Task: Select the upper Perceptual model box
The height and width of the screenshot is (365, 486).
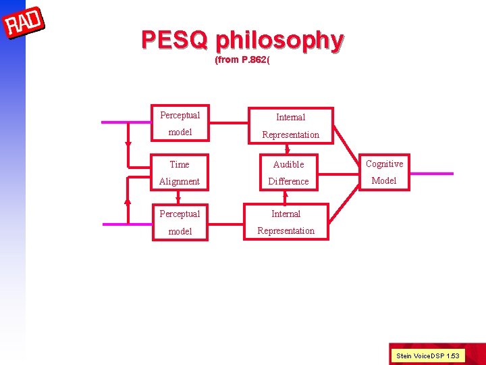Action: [180, 123]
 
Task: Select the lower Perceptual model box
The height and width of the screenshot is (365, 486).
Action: [180, 222]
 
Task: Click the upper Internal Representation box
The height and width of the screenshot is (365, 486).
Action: [290, 126]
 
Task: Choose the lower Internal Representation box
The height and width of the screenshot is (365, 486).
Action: [286, 222]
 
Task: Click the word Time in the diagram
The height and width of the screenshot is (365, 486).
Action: [180, 164]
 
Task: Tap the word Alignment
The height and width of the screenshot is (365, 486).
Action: [180, 181]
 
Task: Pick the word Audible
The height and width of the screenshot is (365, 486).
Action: [288, 164]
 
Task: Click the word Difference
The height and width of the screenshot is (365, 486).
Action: [288, 181]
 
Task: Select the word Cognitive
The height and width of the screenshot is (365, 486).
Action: [384, 164]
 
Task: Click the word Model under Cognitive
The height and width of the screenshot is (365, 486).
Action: [384, 180]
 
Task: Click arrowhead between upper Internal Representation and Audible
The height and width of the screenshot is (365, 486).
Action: [288, 151]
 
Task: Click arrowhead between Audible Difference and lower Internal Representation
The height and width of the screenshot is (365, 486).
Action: [286, 194]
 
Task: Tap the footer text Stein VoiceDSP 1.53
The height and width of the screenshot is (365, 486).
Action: [428, 356]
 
